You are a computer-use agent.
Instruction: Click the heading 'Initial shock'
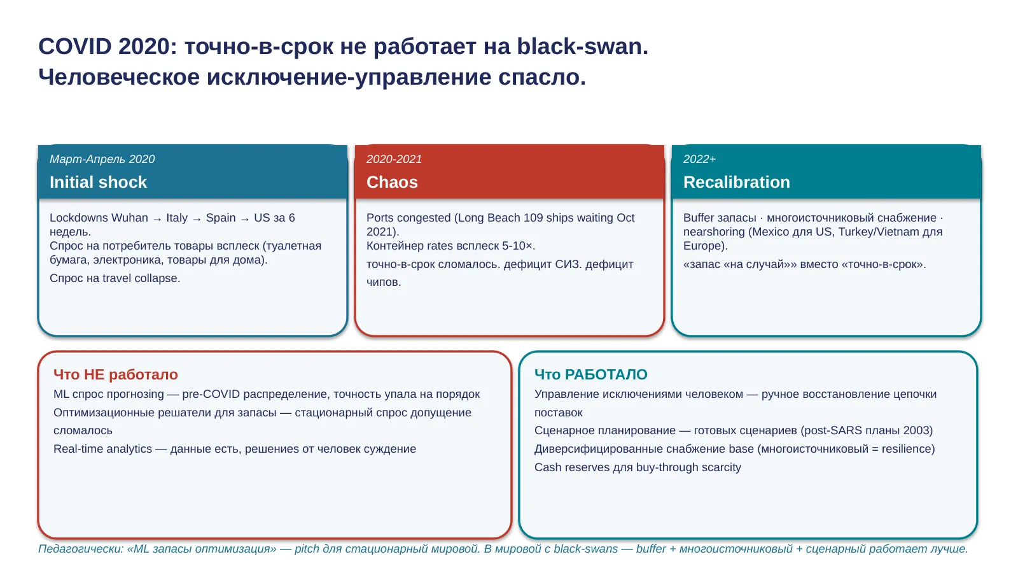coord(98,182)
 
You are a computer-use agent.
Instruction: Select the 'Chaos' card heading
coord(392,182)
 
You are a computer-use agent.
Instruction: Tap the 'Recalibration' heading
coord(736,182)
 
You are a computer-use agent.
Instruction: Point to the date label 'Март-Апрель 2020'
coord(102,159)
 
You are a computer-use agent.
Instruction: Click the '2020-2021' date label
coord(394,159)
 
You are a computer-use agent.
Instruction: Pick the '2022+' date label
coord(699,159)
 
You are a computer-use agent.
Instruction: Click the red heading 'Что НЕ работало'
coord(115,374)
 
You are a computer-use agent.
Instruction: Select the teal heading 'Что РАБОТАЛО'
coord(591,374)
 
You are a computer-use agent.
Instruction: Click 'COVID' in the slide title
coord(74,46)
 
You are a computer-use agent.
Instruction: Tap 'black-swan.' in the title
coord(582,46)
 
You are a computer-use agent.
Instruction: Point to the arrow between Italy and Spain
coord(197,219)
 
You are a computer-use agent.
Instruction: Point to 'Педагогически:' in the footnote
coord(81,549)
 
